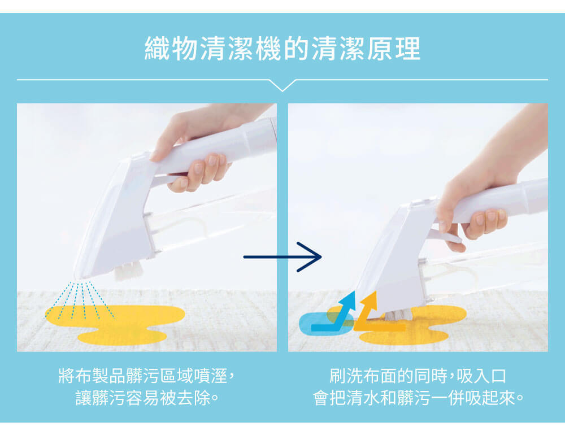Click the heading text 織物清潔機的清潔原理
pos(282,48)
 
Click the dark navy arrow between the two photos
pos(282,257)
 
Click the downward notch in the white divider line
pos(282,86)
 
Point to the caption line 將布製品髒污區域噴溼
pos(147,376)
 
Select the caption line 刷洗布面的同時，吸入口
pos(418,376)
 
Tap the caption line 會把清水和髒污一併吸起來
pos(418,398)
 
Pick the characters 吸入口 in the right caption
pos(481,376)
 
